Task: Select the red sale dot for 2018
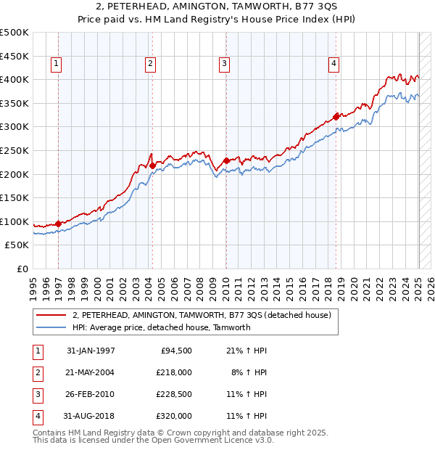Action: click(x=336, y=116)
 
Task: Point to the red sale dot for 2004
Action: click(x=152, y=165)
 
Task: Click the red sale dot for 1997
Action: click(x=59, y=224)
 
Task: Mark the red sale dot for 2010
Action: click(x=226, y=160)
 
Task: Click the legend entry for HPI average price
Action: click(x=161, y=327)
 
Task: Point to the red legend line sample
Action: click(x=51, y=315)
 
